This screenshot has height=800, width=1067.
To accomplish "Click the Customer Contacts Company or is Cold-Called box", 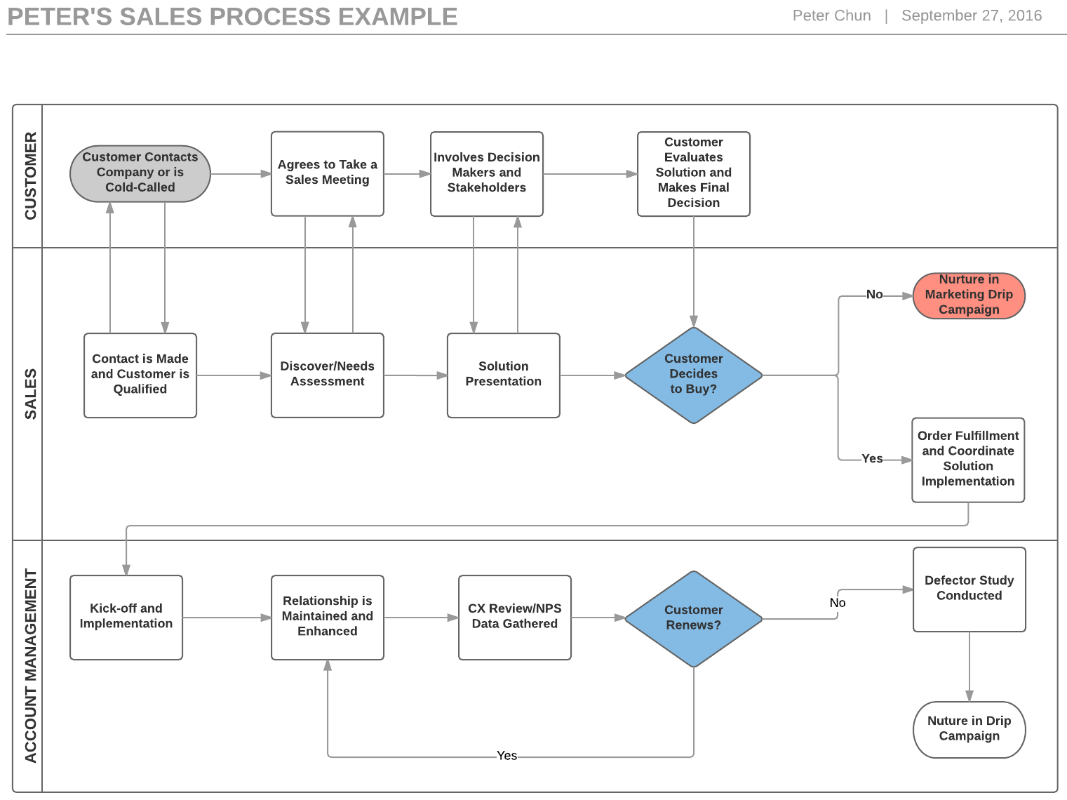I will [140, 173].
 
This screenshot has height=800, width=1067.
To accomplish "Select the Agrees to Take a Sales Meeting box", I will [327, 173].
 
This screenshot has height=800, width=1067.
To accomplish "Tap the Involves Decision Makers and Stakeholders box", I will [486, 173].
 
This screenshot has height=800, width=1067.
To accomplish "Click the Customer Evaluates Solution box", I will [693, 173].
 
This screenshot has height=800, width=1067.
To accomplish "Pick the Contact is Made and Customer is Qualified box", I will [140, 375].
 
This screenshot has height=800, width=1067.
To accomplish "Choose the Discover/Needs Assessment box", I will [327, 375].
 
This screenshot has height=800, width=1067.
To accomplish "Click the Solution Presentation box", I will [503, 375].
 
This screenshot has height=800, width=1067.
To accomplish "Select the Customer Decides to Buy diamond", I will [693, 375].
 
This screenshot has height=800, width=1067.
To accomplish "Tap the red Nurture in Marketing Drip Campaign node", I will [969, 295].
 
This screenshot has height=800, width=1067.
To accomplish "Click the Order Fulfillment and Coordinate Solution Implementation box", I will [967, 460].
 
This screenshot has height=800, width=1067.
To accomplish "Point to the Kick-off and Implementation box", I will [126, 617].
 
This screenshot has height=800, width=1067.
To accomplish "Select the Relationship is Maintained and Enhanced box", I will [327, 617].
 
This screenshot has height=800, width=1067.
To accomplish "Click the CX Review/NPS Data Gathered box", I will [514, 617].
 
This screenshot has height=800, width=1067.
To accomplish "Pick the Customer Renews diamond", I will [693, 618].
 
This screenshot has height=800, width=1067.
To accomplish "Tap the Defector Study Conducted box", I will [969, 589].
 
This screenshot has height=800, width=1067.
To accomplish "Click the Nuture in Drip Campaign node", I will [969, 729].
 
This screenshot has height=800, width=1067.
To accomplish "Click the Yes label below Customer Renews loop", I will [506, 756].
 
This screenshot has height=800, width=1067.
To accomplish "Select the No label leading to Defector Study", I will [837, 603].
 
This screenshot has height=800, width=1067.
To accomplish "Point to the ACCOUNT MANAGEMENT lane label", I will [30, 665].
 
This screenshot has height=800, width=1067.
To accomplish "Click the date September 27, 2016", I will [971, 15].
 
